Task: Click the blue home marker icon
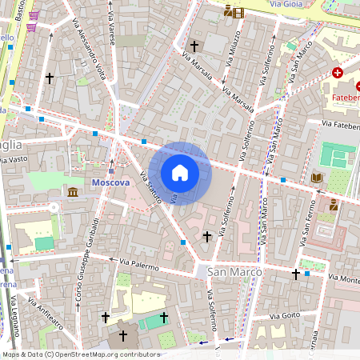180,173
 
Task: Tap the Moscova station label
110,182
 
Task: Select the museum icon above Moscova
74,192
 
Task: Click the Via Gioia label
286,5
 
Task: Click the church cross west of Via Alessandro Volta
50,78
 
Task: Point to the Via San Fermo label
305,229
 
